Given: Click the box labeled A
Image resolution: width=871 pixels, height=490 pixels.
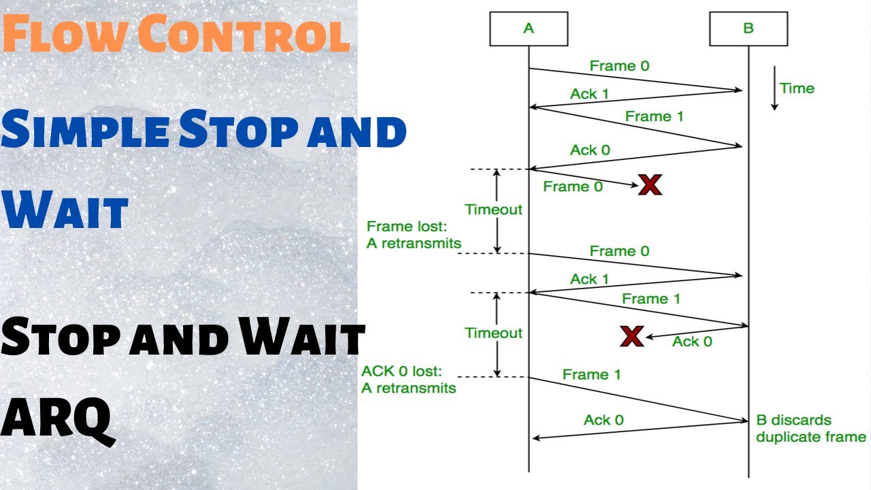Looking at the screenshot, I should click(529, 29).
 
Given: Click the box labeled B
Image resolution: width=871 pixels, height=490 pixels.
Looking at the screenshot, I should click(749, 29).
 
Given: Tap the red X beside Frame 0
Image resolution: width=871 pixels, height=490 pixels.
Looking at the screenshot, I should click(650, 184).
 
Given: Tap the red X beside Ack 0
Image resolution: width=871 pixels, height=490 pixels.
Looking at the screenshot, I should click(632, 336).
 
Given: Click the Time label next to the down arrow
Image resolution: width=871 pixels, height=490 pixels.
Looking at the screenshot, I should click(797, 88).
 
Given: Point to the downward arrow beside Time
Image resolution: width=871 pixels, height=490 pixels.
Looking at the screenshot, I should click(774, 88).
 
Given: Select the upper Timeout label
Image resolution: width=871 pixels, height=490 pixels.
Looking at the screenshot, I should click(493, 210).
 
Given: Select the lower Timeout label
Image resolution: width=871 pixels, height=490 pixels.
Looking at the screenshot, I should click(493, 333).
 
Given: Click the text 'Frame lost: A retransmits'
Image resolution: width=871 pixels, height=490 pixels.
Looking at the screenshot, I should click(414, 235).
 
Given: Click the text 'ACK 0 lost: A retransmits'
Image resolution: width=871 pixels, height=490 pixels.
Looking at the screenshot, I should click(408, 380).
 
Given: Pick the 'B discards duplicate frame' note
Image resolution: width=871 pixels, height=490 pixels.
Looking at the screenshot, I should click(810, 428).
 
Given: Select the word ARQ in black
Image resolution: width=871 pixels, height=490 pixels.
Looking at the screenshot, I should click(56, 416).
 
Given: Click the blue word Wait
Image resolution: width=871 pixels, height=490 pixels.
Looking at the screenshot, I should click(66, 211).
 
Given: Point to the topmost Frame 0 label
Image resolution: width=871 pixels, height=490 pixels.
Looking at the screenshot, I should click(619, 66).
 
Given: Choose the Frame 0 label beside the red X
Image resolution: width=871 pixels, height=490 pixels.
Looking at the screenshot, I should click(572, 186).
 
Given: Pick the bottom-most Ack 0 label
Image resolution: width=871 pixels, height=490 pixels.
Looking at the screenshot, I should click(603, 420).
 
